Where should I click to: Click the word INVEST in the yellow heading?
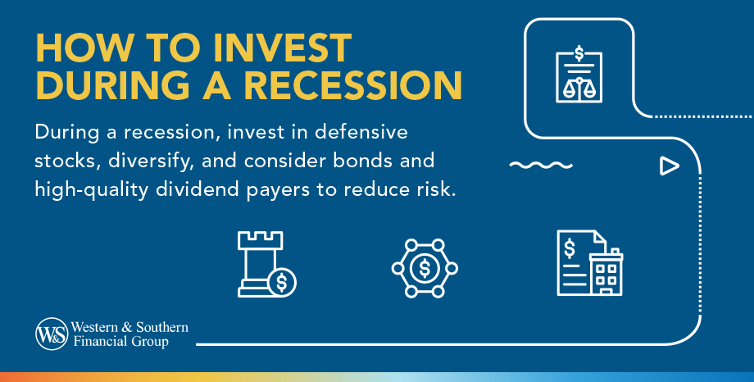282,48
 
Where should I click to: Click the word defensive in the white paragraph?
361,132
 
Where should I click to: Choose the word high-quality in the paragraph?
91,190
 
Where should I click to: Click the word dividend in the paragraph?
198,189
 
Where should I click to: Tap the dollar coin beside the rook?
282,283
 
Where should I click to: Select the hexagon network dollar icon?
425,268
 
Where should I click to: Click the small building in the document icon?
606,272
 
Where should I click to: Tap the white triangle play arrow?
669,166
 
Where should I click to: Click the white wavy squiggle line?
541,166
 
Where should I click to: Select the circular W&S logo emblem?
52,334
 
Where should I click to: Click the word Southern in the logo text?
162,328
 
